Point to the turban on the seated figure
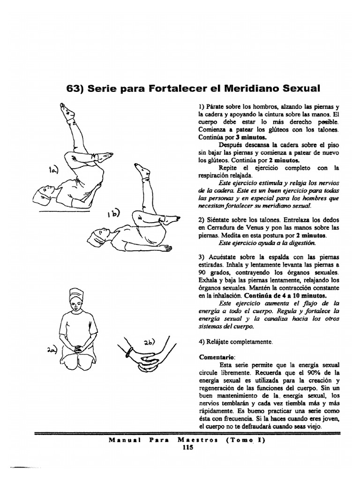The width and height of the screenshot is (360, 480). [76, 294]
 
